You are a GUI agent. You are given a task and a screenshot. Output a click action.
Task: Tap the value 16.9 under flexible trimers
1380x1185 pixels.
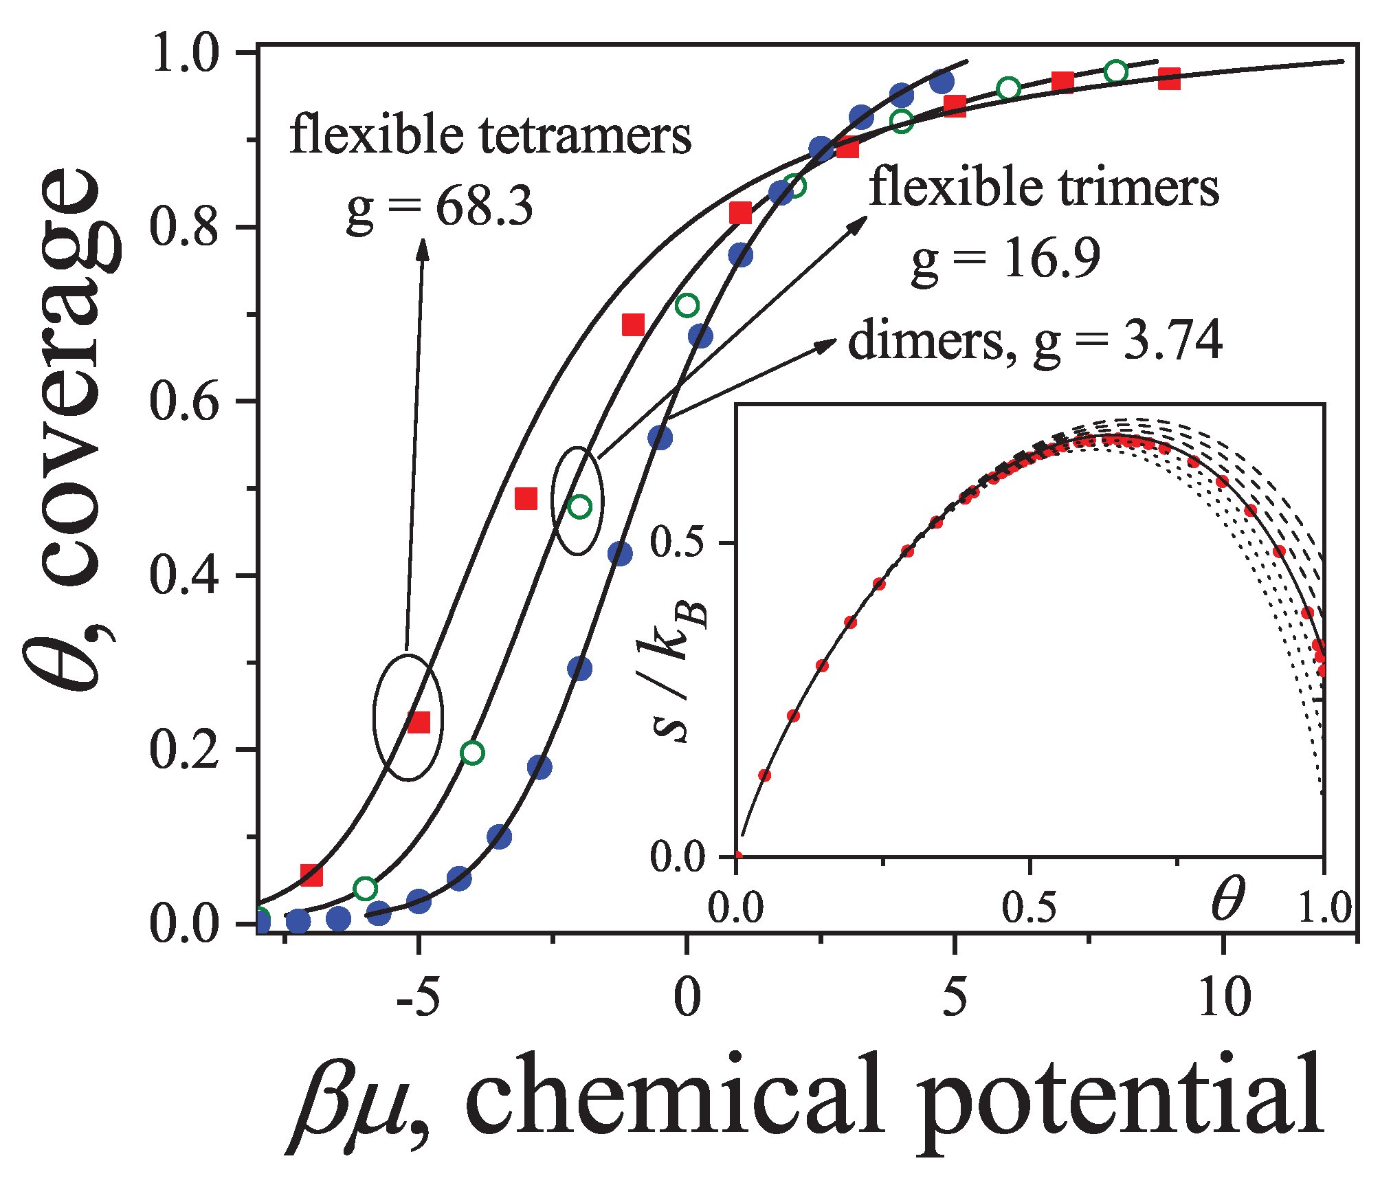click(1052, 258)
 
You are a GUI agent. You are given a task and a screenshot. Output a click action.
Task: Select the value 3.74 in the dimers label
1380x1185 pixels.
click(1172, 341)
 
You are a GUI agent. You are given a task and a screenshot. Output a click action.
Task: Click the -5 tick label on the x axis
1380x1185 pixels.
click(418, 997)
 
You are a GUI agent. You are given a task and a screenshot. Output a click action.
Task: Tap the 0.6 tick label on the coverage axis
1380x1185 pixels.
click(184, 401)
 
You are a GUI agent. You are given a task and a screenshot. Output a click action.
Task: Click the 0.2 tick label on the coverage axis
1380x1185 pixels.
click(184, 750)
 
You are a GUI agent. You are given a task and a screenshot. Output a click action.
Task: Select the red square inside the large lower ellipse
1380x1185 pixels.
click(419, 722)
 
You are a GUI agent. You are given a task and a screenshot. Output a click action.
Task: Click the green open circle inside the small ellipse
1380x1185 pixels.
click(580, 507)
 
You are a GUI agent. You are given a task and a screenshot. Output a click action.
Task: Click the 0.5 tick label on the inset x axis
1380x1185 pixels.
click(1029, 907)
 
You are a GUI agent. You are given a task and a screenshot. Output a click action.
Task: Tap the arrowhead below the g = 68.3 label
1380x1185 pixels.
click(423, 249)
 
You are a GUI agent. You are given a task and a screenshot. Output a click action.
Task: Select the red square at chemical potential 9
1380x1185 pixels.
click(1169, 79)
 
